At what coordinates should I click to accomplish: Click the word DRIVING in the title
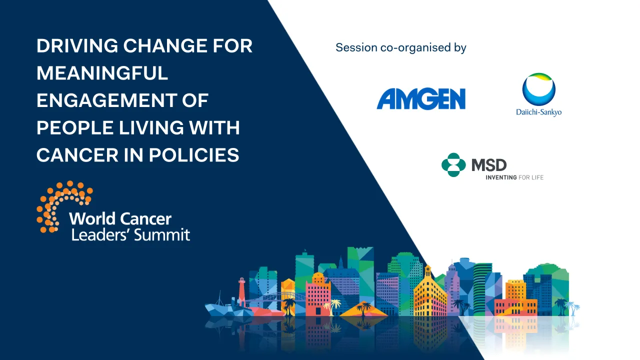coord(77,46)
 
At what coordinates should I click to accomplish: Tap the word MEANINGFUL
coord(102,73)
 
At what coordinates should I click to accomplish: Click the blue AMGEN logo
coord(421,99)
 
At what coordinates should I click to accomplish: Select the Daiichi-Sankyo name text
coord(538,112)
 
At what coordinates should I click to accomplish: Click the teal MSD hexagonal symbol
coord(453,165)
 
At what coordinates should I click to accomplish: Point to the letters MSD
coord(489,164)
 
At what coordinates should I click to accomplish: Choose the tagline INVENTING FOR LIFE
coord(514,177)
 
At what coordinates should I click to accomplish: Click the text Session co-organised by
coord(400,48)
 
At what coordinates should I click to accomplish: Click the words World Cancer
coord(120,218)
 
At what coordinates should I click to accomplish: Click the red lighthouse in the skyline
coord(242,291)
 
